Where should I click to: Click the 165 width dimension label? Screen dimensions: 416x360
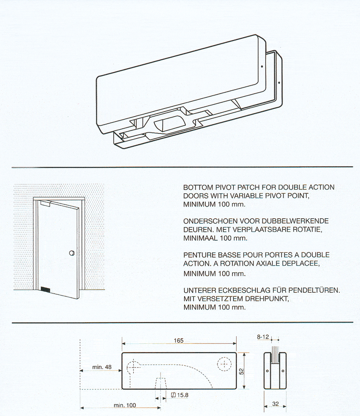pos(179,341)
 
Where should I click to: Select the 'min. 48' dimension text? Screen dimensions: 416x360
pos(102,367)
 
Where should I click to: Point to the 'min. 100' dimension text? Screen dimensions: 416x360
pos(125,405)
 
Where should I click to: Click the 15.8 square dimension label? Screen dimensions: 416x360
pos(182,395)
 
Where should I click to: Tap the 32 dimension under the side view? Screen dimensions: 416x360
pos(275,404)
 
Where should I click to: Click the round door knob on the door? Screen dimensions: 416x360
pos(72,253)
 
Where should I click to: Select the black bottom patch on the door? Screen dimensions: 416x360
pos(46,290)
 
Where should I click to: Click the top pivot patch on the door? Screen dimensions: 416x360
pos(45,203)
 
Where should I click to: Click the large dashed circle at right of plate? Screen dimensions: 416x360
pos(224,364)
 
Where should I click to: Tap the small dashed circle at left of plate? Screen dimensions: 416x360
pos(133,366)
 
